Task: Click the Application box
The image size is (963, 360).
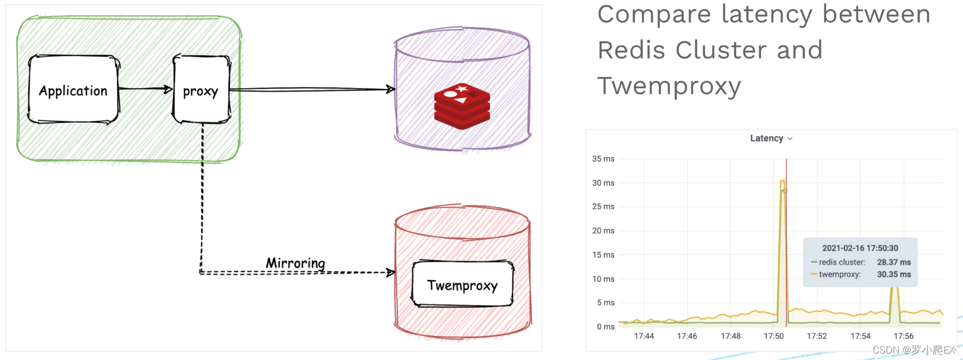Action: pyautogui.click(x=73, y=90)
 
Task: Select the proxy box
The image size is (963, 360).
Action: pyautogui.click(x=201, y=90)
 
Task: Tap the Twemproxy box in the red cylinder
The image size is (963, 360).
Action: pyautogui.click(x=462, y=285)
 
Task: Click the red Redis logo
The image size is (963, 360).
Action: pyautogui.click(x=462, y=106)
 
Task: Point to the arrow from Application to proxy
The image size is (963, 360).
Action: pyautogui.click(x=145, y=89)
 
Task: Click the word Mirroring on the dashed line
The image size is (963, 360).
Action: pyautogui.click(x=295, y=263)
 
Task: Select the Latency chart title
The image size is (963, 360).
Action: pyautogui.click(x=767, y=139)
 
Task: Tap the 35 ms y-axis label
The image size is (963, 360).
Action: pyautogui.click(x=603, y=159)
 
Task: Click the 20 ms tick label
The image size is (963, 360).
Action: pyautogui.click(x=603, y=231)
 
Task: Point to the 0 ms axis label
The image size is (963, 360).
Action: pyautogui.click(x=606, y=327)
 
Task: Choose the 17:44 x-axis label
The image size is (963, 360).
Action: pyautogui.click(x=644, y=336)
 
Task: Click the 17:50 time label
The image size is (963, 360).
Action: pyautogui.click(x=774, y=336)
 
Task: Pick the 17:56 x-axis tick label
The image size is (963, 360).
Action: pyautogui.click(x=904, y=336)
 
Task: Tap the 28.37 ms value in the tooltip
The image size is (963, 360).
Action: pyautogui.click(x=893, y=262)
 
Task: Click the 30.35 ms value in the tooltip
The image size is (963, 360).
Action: pyautogui.click(x=893, y=274)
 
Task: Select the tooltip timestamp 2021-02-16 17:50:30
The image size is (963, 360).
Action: pyautogui.click(x=860, y=248)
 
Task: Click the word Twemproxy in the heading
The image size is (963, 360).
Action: pyautogui.click(x=669, y=86)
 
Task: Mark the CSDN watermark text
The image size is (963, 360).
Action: pyautogui.click(x=913, y=350)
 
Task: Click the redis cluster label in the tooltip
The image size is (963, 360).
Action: pyautogui.click(x=842, y=262)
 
